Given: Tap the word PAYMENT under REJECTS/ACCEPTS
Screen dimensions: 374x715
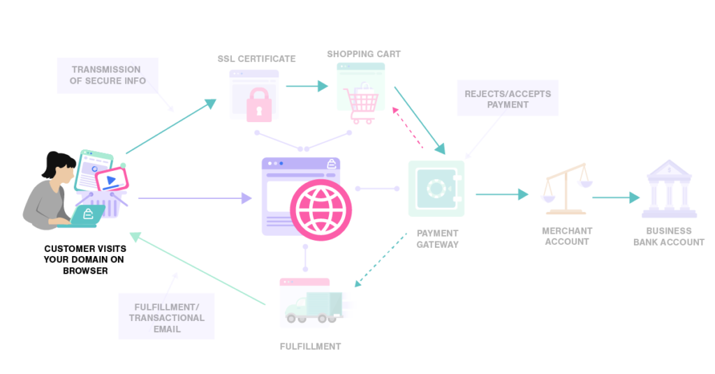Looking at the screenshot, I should click(x=508, y=105).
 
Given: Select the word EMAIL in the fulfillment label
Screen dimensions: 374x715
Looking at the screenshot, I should click(x=167, y=329).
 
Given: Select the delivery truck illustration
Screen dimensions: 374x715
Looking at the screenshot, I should click(x=314, y=307).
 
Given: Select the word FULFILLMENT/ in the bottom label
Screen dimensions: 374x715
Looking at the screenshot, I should click(x=167, y=307).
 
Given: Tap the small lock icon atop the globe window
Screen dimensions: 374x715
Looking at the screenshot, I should click(x=331, y=164).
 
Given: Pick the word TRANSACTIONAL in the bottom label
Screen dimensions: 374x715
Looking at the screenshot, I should click(x=167, y=318).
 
